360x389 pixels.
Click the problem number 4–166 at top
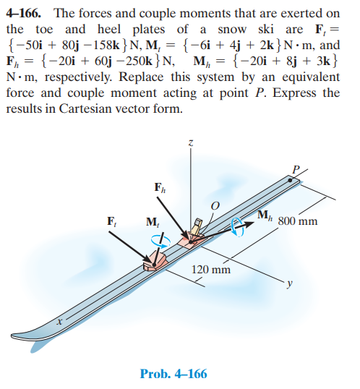point(24,13)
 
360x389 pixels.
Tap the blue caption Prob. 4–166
point(173,374)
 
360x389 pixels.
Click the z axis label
point(190,143)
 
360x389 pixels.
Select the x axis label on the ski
point(59,322)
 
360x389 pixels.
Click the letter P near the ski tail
point(296,170)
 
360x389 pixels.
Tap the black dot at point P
point(290,180)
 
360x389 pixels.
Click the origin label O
point(215,205)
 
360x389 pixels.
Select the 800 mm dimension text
point(298,221)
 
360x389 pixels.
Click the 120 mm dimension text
point(211,270)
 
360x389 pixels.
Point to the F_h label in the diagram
point(160,187)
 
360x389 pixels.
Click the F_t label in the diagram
point(111,221)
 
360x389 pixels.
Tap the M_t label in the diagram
point(153,222)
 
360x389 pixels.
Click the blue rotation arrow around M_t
point(160,241)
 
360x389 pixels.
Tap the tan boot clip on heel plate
point(197,226)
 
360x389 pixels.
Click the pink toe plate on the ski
point(155,261)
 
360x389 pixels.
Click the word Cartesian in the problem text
point(85,108)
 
